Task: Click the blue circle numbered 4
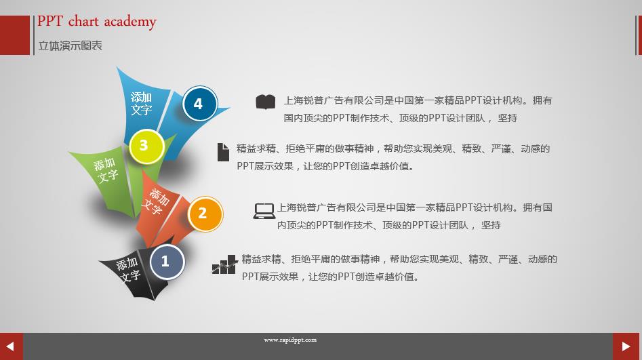click(x=199, y=104)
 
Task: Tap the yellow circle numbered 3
click(x=146, y=146)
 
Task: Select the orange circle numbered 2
click(x=205, y=214)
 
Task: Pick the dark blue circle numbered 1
click(x=167, y=262)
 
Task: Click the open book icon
click(x=266, y=102)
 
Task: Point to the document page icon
click(x=223, y=152)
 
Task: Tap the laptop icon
click(x=264, y=211)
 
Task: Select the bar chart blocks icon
click(x=224, y=264)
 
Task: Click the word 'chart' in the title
click(x=83, y=21)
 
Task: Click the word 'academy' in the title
click(x=130, y=22)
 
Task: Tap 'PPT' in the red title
click(x=50, y=21)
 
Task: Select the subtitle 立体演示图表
click(x=70, y=46)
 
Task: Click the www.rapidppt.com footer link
click(x=290, y=340)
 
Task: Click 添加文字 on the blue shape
click(x=141, y=103)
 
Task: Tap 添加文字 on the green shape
click(x=106, y=170)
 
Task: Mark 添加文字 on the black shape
click(x=128, y=269)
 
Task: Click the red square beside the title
click(x=15, y=35)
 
